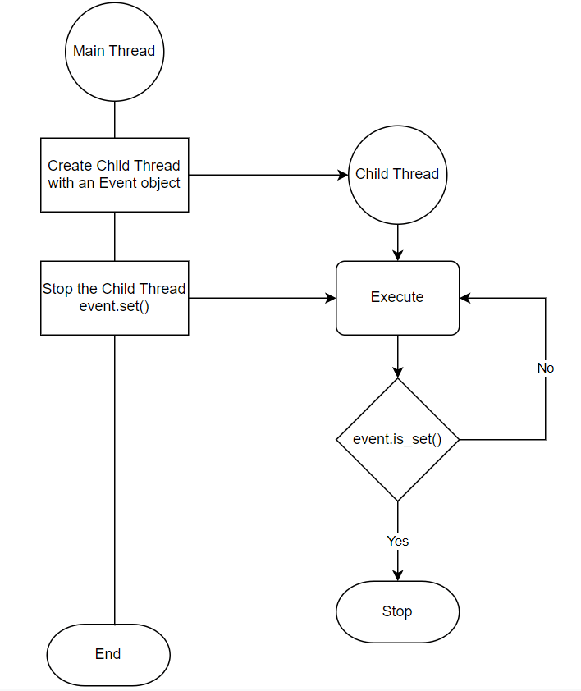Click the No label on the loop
[545, 368]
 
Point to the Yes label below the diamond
[398, 541]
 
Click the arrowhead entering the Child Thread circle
[343, 175]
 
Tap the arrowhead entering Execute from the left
[331, 298]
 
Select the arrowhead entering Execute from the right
[465, 298]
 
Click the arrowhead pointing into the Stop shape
[398, 575]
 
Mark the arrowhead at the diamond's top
[398, 373]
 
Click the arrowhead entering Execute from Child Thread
[398, 255]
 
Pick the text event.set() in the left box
[114, 306]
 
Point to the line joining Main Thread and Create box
[115, 120]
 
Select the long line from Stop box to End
[115, 479]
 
